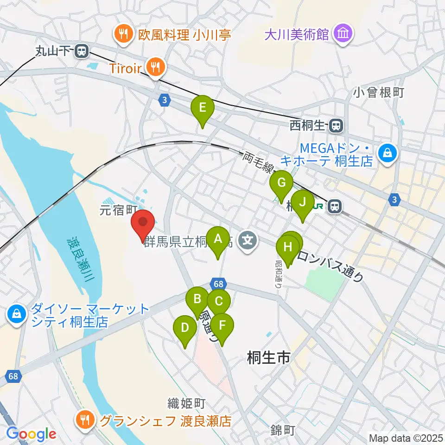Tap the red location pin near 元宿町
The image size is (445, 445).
point(143,225)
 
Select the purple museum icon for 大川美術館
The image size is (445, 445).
point(343,34)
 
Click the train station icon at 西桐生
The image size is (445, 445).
point(337,125)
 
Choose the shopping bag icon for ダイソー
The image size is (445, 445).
point(16,315)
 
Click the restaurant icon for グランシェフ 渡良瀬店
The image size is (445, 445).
point(85,420)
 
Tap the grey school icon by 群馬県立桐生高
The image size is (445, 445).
point(248,240)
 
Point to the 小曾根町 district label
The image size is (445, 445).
point(379,92)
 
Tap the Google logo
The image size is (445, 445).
point(31,434)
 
